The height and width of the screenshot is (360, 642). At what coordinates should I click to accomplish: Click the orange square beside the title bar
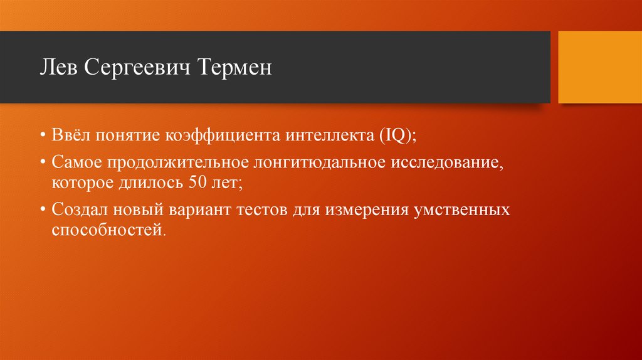point(599,67)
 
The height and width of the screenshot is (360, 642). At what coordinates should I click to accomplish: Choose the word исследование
point(448,163)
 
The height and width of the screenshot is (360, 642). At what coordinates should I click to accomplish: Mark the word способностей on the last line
point(107,230)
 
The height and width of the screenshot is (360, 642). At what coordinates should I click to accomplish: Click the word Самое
point(78,163)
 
